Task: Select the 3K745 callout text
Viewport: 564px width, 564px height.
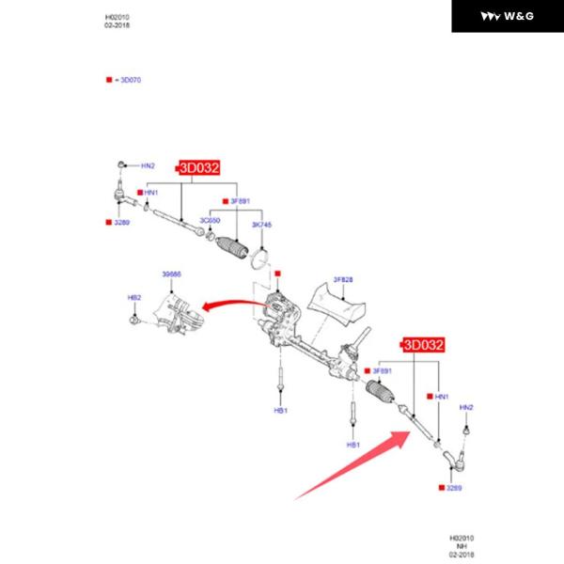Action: pyautogui.click(x=262, y=226)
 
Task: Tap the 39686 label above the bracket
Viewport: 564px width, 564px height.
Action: pyautogui.click(x=172, y=274)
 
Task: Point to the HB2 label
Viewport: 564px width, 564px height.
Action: pyautogui.click(x=133, y=297)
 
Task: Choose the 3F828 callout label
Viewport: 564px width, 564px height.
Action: pyautogui.click(x=343, y=279)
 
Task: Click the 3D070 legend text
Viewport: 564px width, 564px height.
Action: pyautogui.click(x=127, y=81)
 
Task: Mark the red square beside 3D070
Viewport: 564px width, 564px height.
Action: pyautogui.click(x=109, y=81)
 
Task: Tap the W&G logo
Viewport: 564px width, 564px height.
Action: pyautogui.click(x=507, y=16)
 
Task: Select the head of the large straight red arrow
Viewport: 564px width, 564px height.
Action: pyautogui.click(x=406, y=434)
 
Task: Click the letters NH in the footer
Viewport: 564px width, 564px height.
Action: pyautogui.click(x=462, y=544)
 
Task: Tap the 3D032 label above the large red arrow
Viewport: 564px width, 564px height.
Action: pyautogui.click(x=423, y=345)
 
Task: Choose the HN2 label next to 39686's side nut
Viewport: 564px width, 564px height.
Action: pyautogui.click(x=148, y=166)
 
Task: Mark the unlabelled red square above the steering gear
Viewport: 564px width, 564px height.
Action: pyautogui.click(x=277, y=274)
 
